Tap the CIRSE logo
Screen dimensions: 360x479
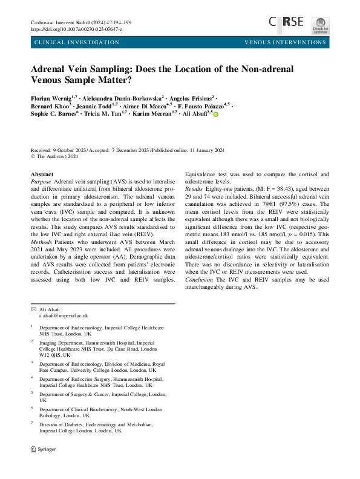point(287,22)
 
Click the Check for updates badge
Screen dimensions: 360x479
point(321,25)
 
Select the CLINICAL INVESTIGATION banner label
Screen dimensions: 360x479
point(77,42)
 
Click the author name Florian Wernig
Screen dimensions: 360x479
point(51,96)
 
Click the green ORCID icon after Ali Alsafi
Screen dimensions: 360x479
point(215,114)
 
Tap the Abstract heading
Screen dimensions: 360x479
point(42,173)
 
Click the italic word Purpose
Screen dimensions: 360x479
point(41,181)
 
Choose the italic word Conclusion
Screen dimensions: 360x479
point(201,280)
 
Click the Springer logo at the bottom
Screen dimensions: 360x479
point(44,449)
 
